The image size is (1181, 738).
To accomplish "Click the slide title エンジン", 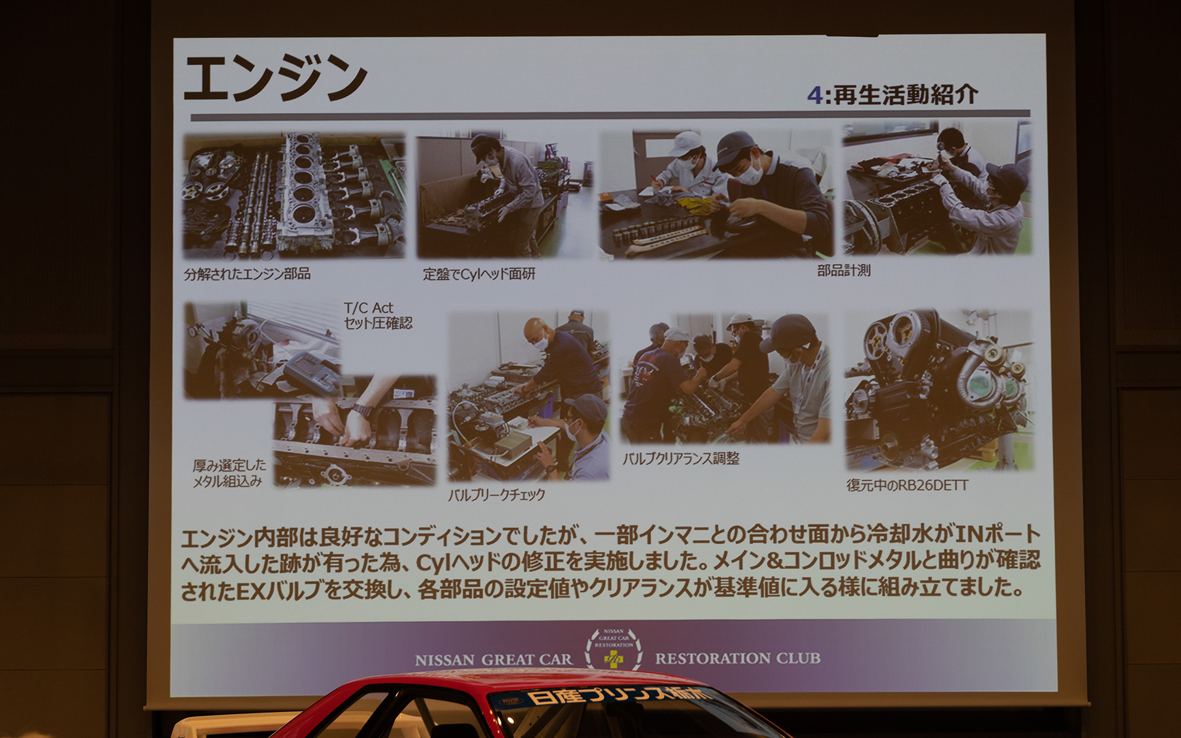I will pyautogui.click(x=275, y=78).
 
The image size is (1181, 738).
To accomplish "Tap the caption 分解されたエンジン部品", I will pyautogui.click(x=247, y=274).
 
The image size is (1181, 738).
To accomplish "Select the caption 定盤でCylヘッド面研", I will pyautogui.click(x=479, y=274).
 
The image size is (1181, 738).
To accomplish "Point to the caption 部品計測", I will pyautogui.click(x=843, y=271).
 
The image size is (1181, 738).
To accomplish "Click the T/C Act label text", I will pyautogui.click(x=368, y=308).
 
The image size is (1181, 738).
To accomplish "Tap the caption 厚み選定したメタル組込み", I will pyautogui.click(x=229, y=473).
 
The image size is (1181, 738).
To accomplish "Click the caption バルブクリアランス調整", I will pyautogui.click(x=680, y=459).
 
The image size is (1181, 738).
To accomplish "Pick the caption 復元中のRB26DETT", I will pyautogui.click(x=907, y=485).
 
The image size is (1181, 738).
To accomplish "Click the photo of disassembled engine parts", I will pyautogui.click(x=294, y=196).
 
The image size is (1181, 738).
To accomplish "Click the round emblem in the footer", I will pyautogui.click(x=613, y=649).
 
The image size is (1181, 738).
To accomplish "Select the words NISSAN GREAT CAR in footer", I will pyautogui.click(x=493, y=660).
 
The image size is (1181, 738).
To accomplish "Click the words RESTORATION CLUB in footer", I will pyautogui.click(x=737, y=658).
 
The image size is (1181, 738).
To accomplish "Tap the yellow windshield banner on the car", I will pyautogui.click(x=615, y=697).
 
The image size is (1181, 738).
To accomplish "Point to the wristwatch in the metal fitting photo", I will pyautogui.click(x=362, y=410).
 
